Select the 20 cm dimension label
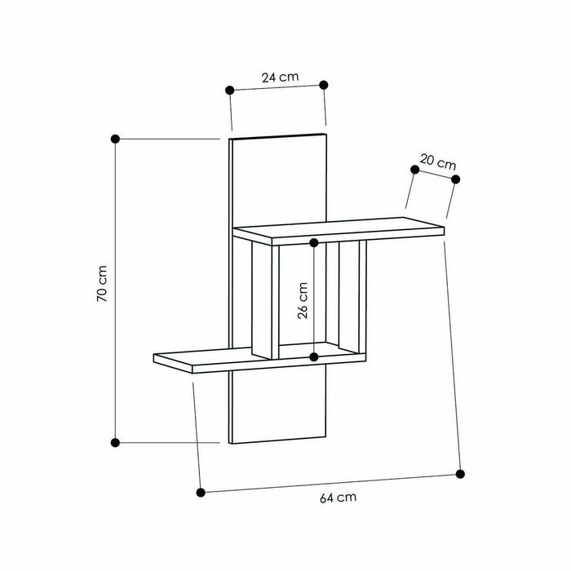pos(439,162)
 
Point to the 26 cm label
pos(303,301)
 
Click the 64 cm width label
pos(339,495)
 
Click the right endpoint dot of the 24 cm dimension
pos(324,85)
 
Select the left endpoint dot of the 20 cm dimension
pos(414,168)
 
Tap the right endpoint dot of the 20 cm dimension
pos(456,179)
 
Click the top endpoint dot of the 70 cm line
pos(115,139)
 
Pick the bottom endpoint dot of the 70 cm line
pos(115,442)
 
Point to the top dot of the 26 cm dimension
pos(314,242)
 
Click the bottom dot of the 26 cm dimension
pos(314,357)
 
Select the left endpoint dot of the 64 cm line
pos(201,492)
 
